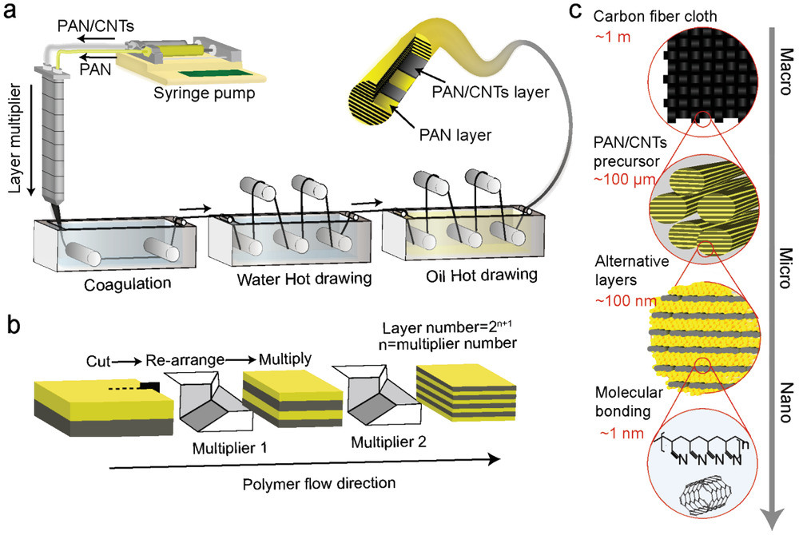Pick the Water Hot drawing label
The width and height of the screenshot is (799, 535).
(271, 282)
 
